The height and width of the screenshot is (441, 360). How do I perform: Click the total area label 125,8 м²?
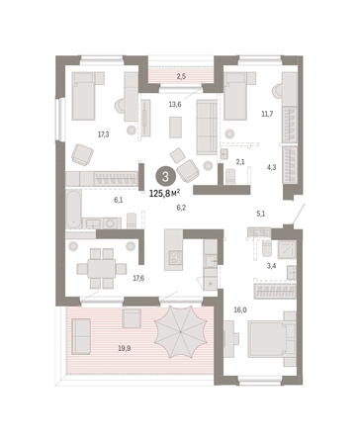tap(164, 193)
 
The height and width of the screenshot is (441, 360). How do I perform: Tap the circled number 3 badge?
tap(165, 177)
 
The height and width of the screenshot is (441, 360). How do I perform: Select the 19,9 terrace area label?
tap(125, 348)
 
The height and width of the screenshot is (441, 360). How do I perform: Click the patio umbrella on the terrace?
tap(181, 331)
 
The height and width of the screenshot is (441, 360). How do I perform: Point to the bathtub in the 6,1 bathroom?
tap(73, 209)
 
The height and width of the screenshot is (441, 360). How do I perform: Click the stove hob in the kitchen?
tap(175, 257)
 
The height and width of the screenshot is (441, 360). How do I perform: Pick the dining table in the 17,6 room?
tap(102, 268)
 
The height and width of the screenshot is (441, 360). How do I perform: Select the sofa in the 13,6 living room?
tap(207, 127)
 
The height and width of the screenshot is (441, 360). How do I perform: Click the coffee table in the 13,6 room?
tap(176, 127)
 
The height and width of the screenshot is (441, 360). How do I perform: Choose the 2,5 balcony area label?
tap(181, 77)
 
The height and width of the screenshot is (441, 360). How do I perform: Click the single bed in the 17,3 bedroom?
tap(85, 96)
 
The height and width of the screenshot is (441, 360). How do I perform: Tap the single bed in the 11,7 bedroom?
tap(235, 96)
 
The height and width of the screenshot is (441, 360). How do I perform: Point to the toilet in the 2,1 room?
tap(230, 177)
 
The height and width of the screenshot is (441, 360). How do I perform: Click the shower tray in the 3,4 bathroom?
tap(287, 249)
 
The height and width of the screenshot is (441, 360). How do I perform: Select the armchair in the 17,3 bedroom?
tap(82, 154)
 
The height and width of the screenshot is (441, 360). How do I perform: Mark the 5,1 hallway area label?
tap(261, 214)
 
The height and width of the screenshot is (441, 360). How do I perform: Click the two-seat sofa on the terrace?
tap(81, 336)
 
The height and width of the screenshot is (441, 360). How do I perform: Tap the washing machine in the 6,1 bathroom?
tap(111, 223)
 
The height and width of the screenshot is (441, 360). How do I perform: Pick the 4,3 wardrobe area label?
tap(271, 167)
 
